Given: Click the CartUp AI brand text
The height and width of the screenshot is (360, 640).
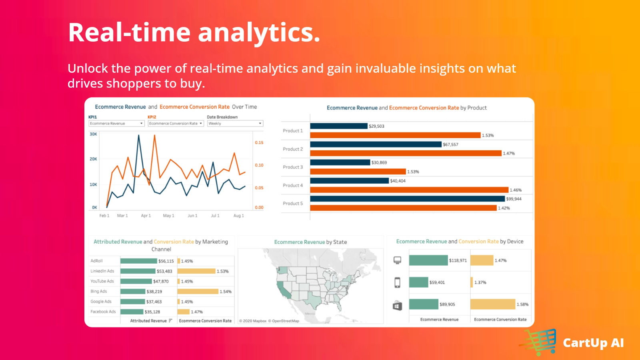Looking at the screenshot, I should click(593, 343).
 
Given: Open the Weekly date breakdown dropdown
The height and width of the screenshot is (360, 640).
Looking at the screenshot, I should click(235, 124).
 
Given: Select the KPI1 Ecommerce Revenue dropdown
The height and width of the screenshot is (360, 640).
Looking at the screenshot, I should click(116, 124).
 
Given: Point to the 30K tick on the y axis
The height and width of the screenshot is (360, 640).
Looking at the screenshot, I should click(93, 134).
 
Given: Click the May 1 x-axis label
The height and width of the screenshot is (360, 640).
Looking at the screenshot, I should click(168, 216).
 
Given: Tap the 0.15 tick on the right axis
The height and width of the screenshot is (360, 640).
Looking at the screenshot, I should click(259, 143).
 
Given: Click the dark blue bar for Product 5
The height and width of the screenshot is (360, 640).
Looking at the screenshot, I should click(407, 199).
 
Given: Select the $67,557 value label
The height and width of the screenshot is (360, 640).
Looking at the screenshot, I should click(450, 144).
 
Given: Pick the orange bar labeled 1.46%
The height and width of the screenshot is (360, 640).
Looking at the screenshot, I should click(409, 190).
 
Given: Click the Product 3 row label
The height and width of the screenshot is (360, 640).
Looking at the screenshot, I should click(293, 167).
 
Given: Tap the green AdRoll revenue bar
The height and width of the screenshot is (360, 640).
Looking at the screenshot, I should click(138, 261).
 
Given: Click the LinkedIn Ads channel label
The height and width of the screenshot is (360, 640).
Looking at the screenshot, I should click(102, 271).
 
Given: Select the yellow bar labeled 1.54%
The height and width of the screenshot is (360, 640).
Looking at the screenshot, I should click(198, 292).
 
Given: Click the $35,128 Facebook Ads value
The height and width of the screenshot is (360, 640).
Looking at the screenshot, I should click(152, 312).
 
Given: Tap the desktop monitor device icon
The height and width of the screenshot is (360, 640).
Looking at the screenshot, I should click(397, 260).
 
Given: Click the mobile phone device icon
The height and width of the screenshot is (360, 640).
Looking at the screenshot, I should click(397, 282).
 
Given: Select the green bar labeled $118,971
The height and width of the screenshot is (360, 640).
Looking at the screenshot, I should click(428, 260).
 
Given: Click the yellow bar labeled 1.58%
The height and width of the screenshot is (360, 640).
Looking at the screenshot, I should click(492, 304).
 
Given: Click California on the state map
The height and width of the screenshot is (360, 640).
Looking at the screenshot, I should click(283, 289).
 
